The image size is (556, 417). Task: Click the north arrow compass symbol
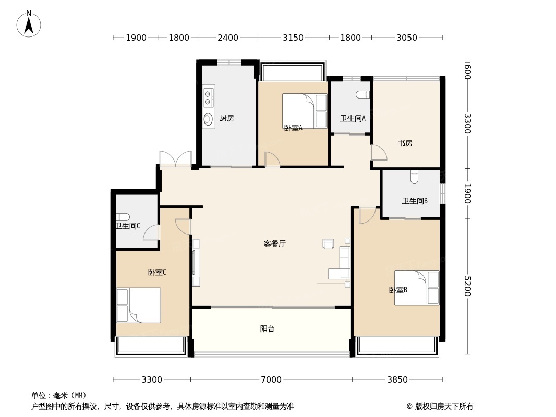(x=29, y=24)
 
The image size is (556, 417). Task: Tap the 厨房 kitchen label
(x=226, y=118)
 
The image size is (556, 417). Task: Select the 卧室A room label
(x=293, y=128)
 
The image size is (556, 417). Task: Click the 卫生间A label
(x=353, y=118)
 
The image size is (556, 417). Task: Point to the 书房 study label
(x=405, y=143)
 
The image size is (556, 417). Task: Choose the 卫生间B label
(x=415, y=201)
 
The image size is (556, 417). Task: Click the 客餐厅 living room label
(x=274, y=243)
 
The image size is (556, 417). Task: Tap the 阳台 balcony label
(x=267, y=329)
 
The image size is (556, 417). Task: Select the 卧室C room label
(x=156, y=272)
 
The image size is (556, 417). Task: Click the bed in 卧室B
(x=416, y=287)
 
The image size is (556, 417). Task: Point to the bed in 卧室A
(x=305, y=111)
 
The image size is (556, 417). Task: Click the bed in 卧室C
(x=139, y=305)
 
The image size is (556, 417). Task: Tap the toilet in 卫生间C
(x=123, y=217)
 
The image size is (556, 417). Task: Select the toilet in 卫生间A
(x=363, y=94)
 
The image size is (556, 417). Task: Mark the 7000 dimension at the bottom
(x=271, y=379)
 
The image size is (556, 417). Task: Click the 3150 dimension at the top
(x=293, y=38)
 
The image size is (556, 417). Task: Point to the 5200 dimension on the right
(x=467, y=286)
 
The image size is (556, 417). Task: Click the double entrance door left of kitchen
(x=176, y=159)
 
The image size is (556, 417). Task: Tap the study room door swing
(x=379, y=152)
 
